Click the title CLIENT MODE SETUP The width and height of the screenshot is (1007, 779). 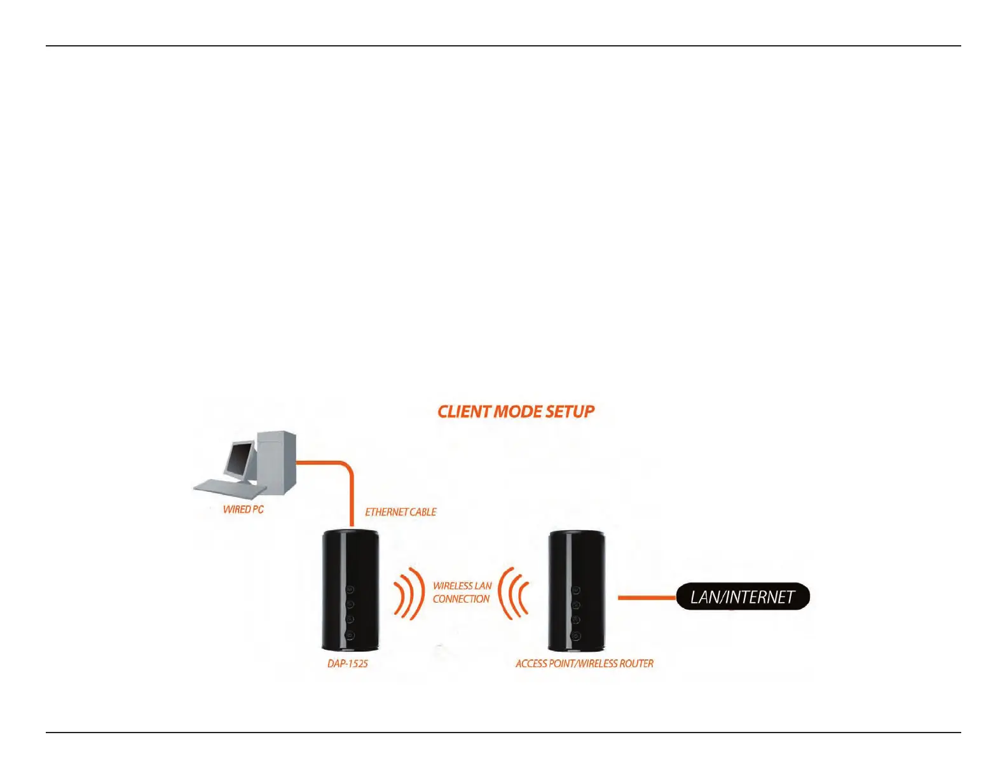516,412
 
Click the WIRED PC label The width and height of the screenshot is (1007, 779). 243,509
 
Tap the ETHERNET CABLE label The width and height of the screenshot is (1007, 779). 401,512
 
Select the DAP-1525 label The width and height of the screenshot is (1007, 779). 348,663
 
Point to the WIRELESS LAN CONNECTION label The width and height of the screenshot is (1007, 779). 462,593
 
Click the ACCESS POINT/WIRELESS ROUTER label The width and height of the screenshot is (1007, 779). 584,663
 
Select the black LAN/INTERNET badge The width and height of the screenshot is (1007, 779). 743,597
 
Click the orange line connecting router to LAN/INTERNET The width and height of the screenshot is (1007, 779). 647,598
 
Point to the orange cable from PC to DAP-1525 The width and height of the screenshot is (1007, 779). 350,490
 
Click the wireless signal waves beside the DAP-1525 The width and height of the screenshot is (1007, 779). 409,594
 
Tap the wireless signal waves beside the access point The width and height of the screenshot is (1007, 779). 514,594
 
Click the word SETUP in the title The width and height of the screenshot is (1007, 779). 570,412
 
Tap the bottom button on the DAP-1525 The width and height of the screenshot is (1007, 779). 350,635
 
